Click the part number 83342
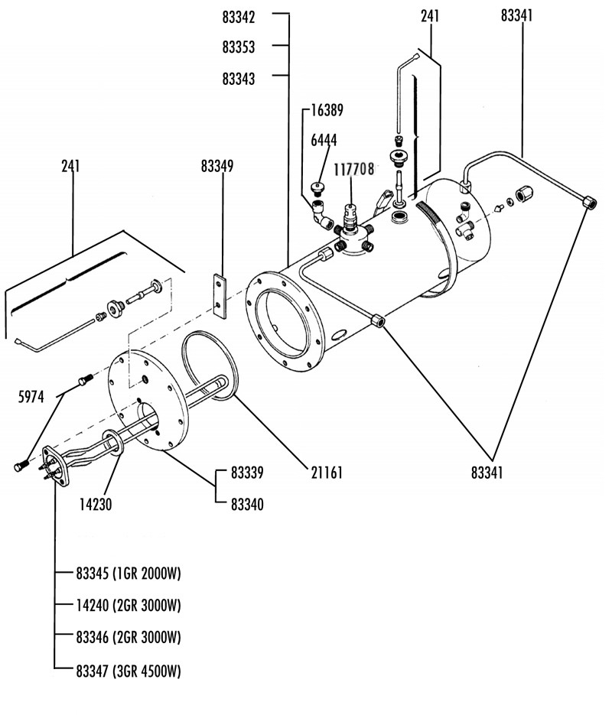coord(239,16)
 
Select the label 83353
coord(239,47)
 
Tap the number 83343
coord(239,79)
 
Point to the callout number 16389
coord(327,110)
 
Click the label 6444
coord(324,140)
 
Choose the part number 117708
coord(353,170)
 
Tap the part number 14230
coord(96,504)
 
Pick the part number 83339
coord(246,473)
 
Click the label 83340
coord(246,504)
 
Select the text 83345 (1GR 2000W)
coord(129,574)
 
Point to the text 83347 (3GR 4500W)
coord(129,671)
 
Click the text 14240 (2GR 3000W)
coord(129,606)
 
